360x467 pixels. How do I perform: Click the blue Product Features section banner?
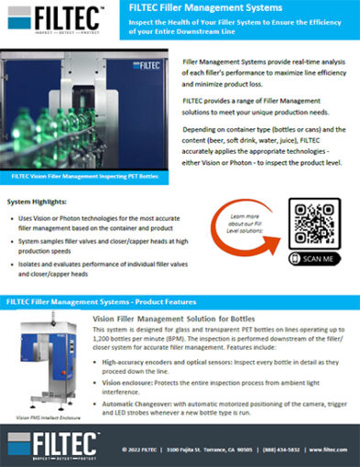(x=180, y=300)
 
